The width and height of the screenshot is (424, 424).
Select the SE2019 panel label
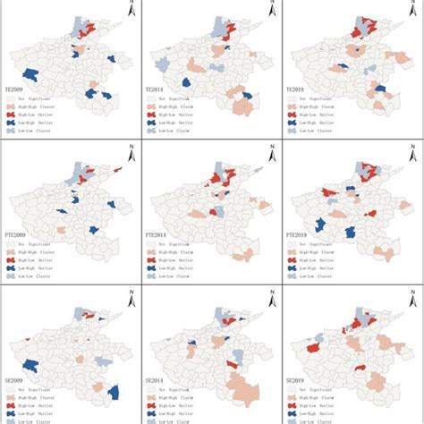[298, 377]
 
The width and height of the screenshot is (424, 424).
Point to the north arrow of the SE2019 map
[412, 297]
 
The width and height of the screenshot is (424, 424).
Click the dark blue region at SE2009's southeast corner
[114, 393]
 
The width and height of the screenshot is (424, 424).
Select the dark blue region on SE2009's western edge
[29, 366]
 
